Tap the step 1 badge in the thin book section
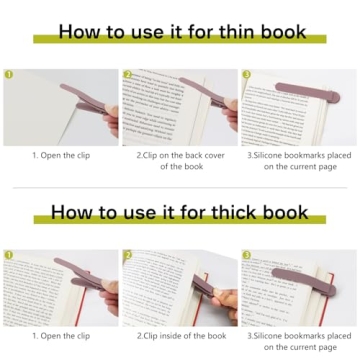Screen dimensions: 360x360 tap(9, 74)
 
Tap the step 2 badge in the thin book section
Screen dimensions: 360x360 tap(127, 74)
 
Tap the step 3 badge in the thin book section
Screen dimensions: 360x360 tap(245, 74)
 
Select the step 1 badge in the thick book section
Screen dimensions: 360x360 tap(9, 256)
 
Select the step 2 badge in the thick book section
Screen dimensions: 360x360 tap(127, 256)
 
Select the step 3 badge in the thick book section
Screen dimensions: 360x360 tap(245, 256)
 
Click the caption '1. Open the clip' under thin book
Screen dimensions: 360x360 tap(61, 155)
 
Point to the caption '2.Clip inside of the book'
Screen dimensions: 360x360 tap(181, 336)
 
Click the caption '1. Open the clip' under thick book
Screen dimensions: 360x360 tap(61, 336)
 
